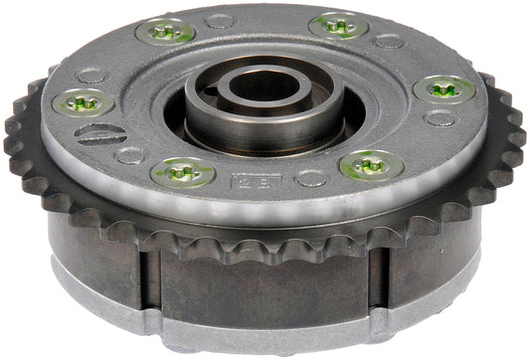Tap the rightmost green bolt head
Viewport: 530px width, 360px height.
point(444,90)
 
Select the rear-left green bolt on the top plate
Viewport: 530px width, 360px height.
point(165,32)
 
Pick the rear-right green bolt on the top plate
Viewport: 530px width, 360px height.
point(338,25)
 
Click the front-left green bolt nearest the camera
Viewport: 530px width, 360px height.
point(183,172)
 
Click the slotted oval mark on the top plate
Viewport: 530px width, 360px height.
point(99,134)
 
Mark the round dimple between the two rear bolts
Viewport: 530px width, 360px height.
point(220,19)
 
